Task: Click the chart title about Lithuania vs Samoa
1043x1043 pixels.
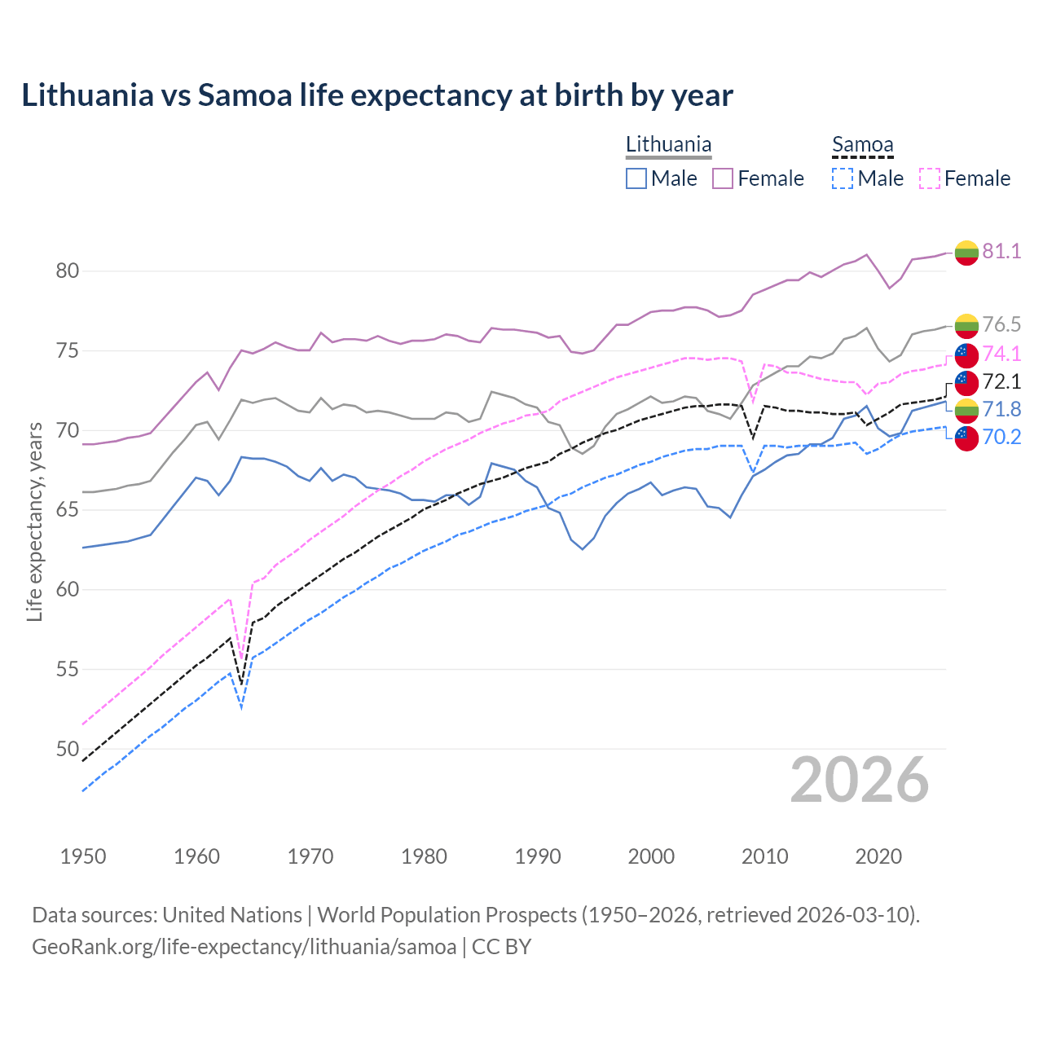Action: (x=377, y=95)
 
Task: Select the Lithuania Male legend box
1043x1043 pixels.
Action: (x=636, y=178)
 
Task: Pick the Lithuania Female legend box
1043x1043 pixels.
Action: (x=723, y=178)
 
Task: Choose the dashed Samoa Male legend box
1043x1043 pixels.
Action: (x=843, y=178)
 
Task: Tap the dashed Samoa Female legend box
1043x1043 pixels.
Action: (x=929, y=178)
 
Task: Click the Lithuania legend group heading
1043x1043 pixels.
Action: (x=668, y=145)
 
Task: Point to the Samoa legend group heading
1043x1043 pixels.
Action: (x=862, y=145)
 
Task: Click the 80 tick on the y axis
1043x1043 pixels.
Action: (x=68, y=271)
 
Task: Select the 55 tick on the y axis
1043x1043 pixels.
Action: (x=68, y=669)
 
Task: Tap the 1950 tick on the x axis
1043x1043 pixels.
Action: (x=83, y=856)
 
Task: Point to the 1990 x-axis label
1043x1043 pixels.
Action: (x=538, y=856)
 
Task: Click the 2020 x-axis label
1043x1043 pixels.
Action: (x=879, y=856)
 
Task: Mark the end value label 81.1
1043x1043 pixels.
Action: (x=1001, y=251)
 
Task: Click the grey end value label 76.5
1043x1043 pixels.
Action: (x=1001, y=324)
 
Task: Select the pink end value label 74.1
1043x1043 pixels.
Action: (x=1001, y=354)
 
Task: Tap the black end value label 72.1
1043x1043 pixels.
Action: (x=1001, y=381)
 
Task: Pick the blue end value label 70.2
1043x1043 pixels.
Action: (x=1001, y=438)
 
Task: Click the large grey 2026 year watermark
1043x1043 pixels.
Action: (x=860, y=780)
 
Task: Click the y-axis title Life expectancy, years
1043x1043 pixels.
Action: (x=35, y=521)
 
